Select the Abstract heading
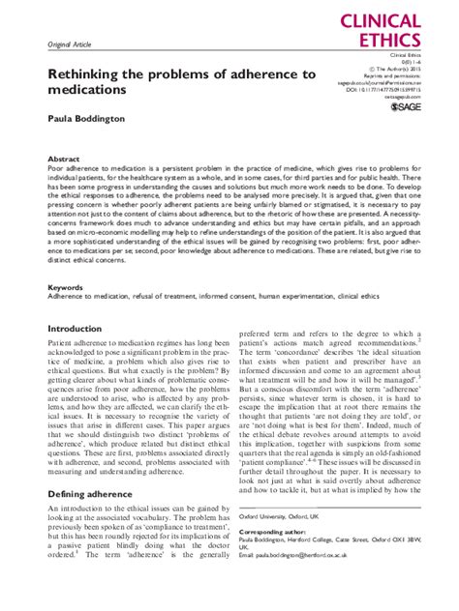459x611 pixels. click(64, 158)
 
